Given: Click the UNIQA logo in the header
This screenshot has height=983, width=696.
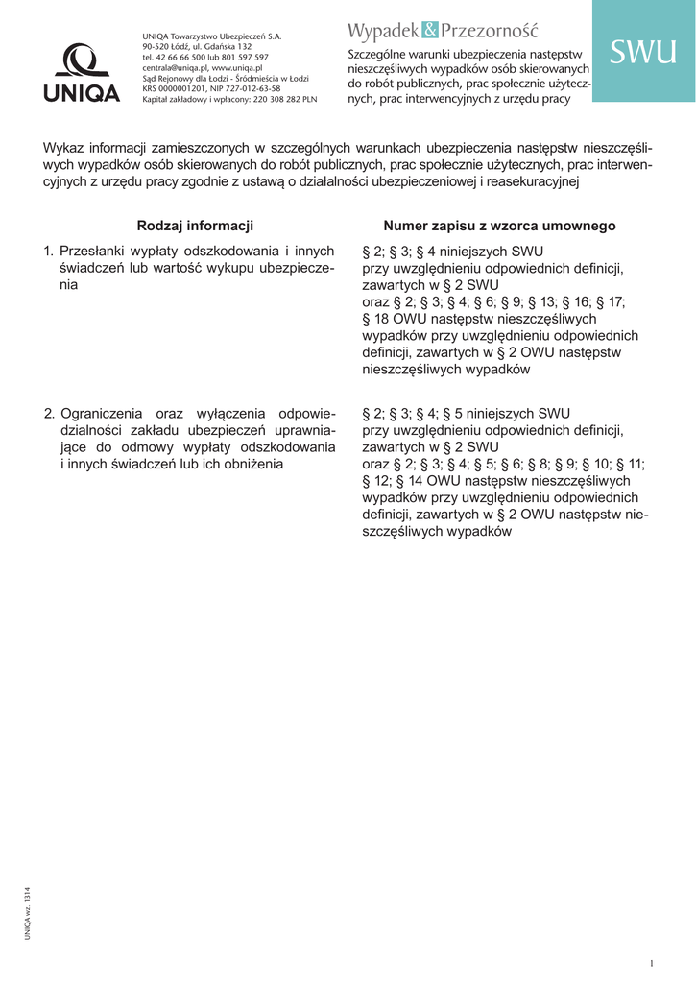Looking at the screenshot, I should pos(81,75).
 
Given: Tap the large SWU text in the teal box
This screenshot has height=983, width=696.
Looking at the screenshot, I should pos(643,53).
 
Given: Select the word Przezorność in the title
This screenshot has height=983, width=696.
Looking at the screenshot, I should pos(490,32).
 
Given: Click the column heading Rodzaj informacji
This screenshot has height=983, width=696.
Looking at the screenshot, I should pos(195,226).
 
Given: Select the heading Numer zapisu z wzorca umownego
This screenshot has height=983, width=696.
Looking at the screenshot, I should pos(499,226).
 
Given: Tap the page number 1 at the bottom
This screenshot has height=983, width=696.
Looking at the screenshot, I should pos(652,963).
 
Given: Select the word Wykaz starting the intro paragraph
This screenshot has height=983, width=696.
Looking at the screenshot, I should pos(62,148).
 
